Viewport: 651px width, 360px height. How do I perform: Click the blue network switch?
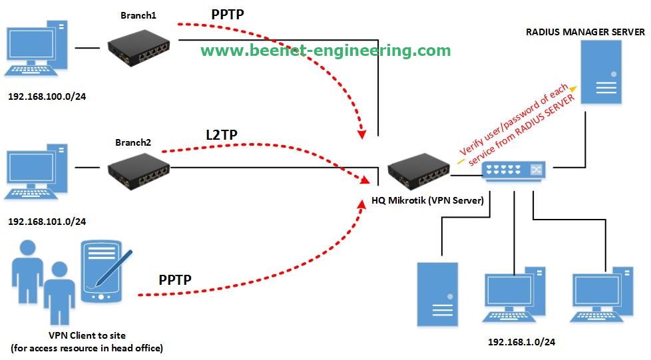[x=514, y=170]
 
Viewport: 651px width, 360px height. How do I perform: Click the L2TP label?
[x=222, y=136]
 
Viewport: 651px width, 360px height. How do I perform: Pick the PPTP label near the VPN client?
[x=175, y=280]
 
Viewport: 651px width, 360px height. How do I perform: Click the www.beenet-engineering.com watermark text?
[x=325, y=51]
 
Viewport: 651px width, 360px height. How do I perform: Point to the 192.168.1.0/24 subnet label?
[x=522, y=342]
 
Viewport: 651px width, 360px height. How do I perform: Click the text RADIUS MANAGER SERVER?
[x=585, y=32]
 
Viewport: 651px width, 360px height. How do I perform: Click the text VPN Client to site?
[x=87, y=335]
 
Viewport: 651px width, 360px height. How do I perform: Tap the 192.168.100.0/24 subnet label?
[x=47, y=96]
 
